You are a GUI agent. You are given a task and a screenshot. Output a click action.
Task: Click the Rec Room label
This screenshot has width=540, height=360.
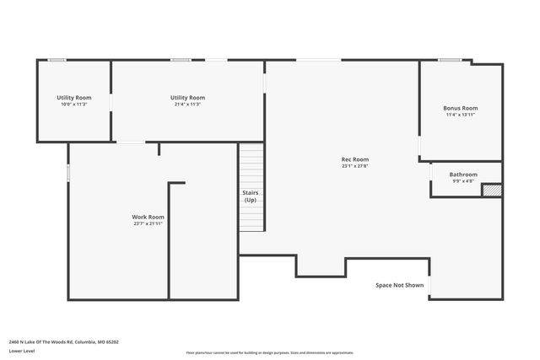[x=354, y=159]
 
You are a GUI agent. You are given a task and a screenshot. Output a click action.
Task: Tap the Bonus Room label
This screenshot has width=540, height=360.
[x=461, y=108]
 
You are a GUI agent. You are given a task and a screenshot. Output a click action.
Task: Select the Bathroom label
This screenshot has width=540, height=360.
[x=463, y=175]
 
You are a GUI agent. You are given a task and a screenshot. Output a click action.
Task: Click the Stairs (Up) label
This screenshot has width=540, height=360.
[x=251, y=196]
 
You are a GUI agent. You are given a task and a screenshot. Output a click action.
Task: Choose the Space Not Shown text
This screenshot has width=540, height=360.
[x=400, y=285]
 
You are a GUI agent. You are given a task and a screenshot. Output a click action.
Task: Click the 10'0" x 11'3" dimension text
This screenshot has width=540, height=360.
[x=74, y=105]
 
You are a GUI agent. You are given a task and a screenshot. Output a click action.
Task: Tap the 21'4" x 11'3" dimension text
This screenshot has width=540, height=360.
[x=187, y=105]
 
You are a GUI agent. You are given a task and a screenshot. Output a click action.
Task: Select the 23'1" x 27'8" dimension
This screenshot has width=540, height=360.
[x=354, y=166]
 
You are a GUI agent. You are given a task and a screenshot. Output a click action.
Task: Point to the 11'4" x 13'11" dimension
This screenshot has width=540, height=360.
[x=461, y=115]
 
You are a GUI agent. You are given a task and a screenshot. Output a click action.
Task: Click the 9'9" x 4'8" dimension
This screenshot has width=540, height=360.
[x=463, y=181]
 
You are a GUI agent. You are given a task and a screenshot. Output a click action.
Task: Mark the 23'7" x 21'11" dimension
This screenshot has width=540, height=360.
[x=148, y=223]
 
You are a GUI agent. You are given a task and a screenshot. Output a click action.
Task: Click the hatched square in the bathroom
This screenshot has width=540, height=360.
[x=491, y=191]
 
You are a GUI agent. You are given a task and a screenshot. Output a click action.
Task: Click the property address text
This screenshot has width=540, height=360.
[x=64, y=342]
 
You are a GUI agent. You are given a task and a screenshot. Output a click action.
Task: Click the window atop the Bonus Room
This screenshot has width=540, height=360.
[x=448, y=60]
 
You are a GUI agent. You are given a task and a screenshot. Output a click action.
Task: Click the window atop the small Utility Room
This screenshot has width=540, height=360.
[x=57, y=60]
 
